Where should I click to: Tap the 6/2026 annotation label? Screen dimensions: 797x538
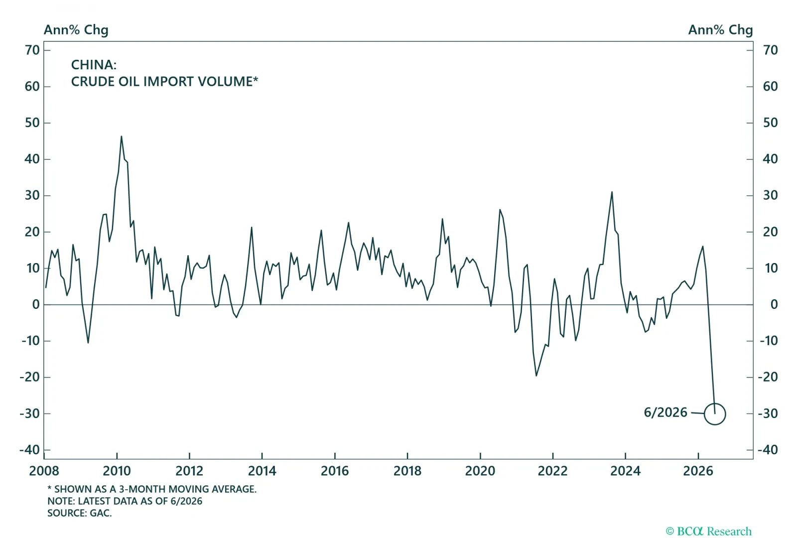pos(665,412)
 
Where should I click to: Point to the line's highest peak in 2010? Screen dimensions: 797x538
pos(122,136)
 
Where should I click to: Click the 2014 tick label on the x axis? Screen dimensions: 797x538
pos(262,471)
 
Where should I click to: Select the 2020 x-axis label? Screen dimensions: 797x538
pos(480,471)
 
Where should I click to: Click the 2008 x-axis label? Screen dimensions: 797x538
pos(44,471)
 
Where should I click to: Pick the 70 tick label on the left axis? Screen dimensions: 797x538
pos(32,50)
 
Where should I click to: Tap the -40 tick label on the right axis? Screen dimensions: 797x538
pos(768,450)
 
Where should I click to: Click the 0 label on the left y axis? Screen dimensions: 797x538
pos(35,304)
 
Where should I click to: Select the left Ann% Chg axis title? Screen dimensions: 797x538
pos(76,30)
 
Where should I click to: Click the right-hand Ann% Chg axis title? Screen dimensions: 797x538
pos(720,30)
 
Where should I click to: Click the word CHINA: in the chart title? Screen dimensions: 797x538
pos(94,65)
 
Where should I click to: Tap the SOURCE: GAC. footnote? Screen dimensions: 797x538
pos(79,513)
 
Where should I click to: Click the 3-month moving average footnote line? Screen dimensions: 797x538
pos(152,489)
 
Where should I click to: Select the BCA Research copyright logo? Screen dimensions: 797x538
pos(708,531)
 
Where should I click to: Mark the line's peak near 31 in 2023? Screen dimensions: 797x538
pos(612,192)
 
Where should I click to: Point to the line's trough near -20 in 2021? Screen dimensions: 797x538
pos(536,376)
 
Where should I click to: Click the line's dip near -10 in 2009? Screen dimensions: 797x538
pos(88,343)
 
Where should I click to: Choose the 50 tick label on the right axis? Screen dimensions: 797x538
pos(770,123)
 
